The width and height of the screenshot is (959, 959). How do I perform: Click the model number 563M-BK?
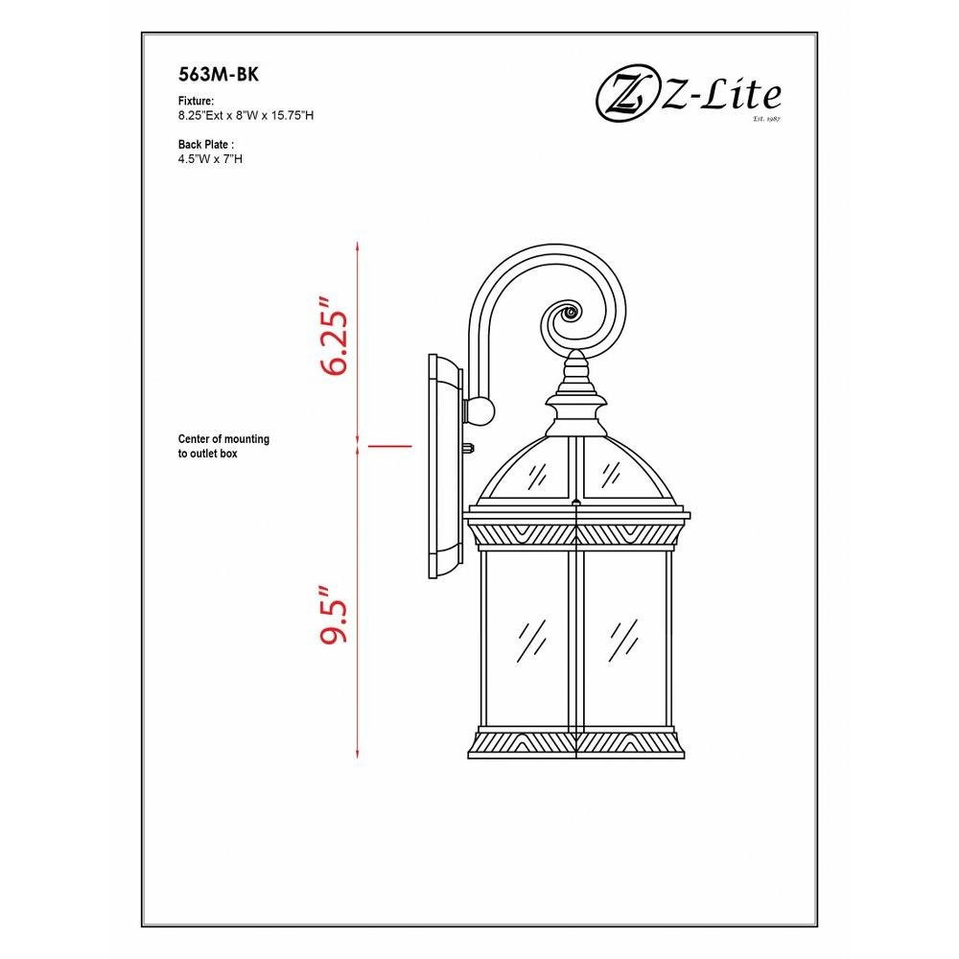(x=219, y=75)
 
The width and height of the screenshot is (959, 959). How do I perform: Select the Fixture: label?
(x=196, y=101)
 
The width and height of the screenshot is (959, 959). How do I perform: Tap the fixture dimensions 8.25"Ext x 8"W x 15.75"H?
(x=246, y=116)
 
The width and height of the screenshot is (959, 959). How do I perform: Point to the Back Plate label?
(x=206, y=145)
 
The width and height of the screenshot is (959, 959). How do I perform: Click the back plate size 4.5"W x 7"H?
(x=210, y=159)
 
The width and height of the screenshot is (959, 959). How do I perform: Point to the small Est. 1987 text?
(x=767, y=119)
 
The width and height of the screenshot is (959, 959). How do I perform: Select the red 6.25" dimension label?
(x=335, y=337)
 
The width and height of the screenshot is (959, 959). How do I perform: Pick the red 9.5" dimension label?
(x=335, y=615)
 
